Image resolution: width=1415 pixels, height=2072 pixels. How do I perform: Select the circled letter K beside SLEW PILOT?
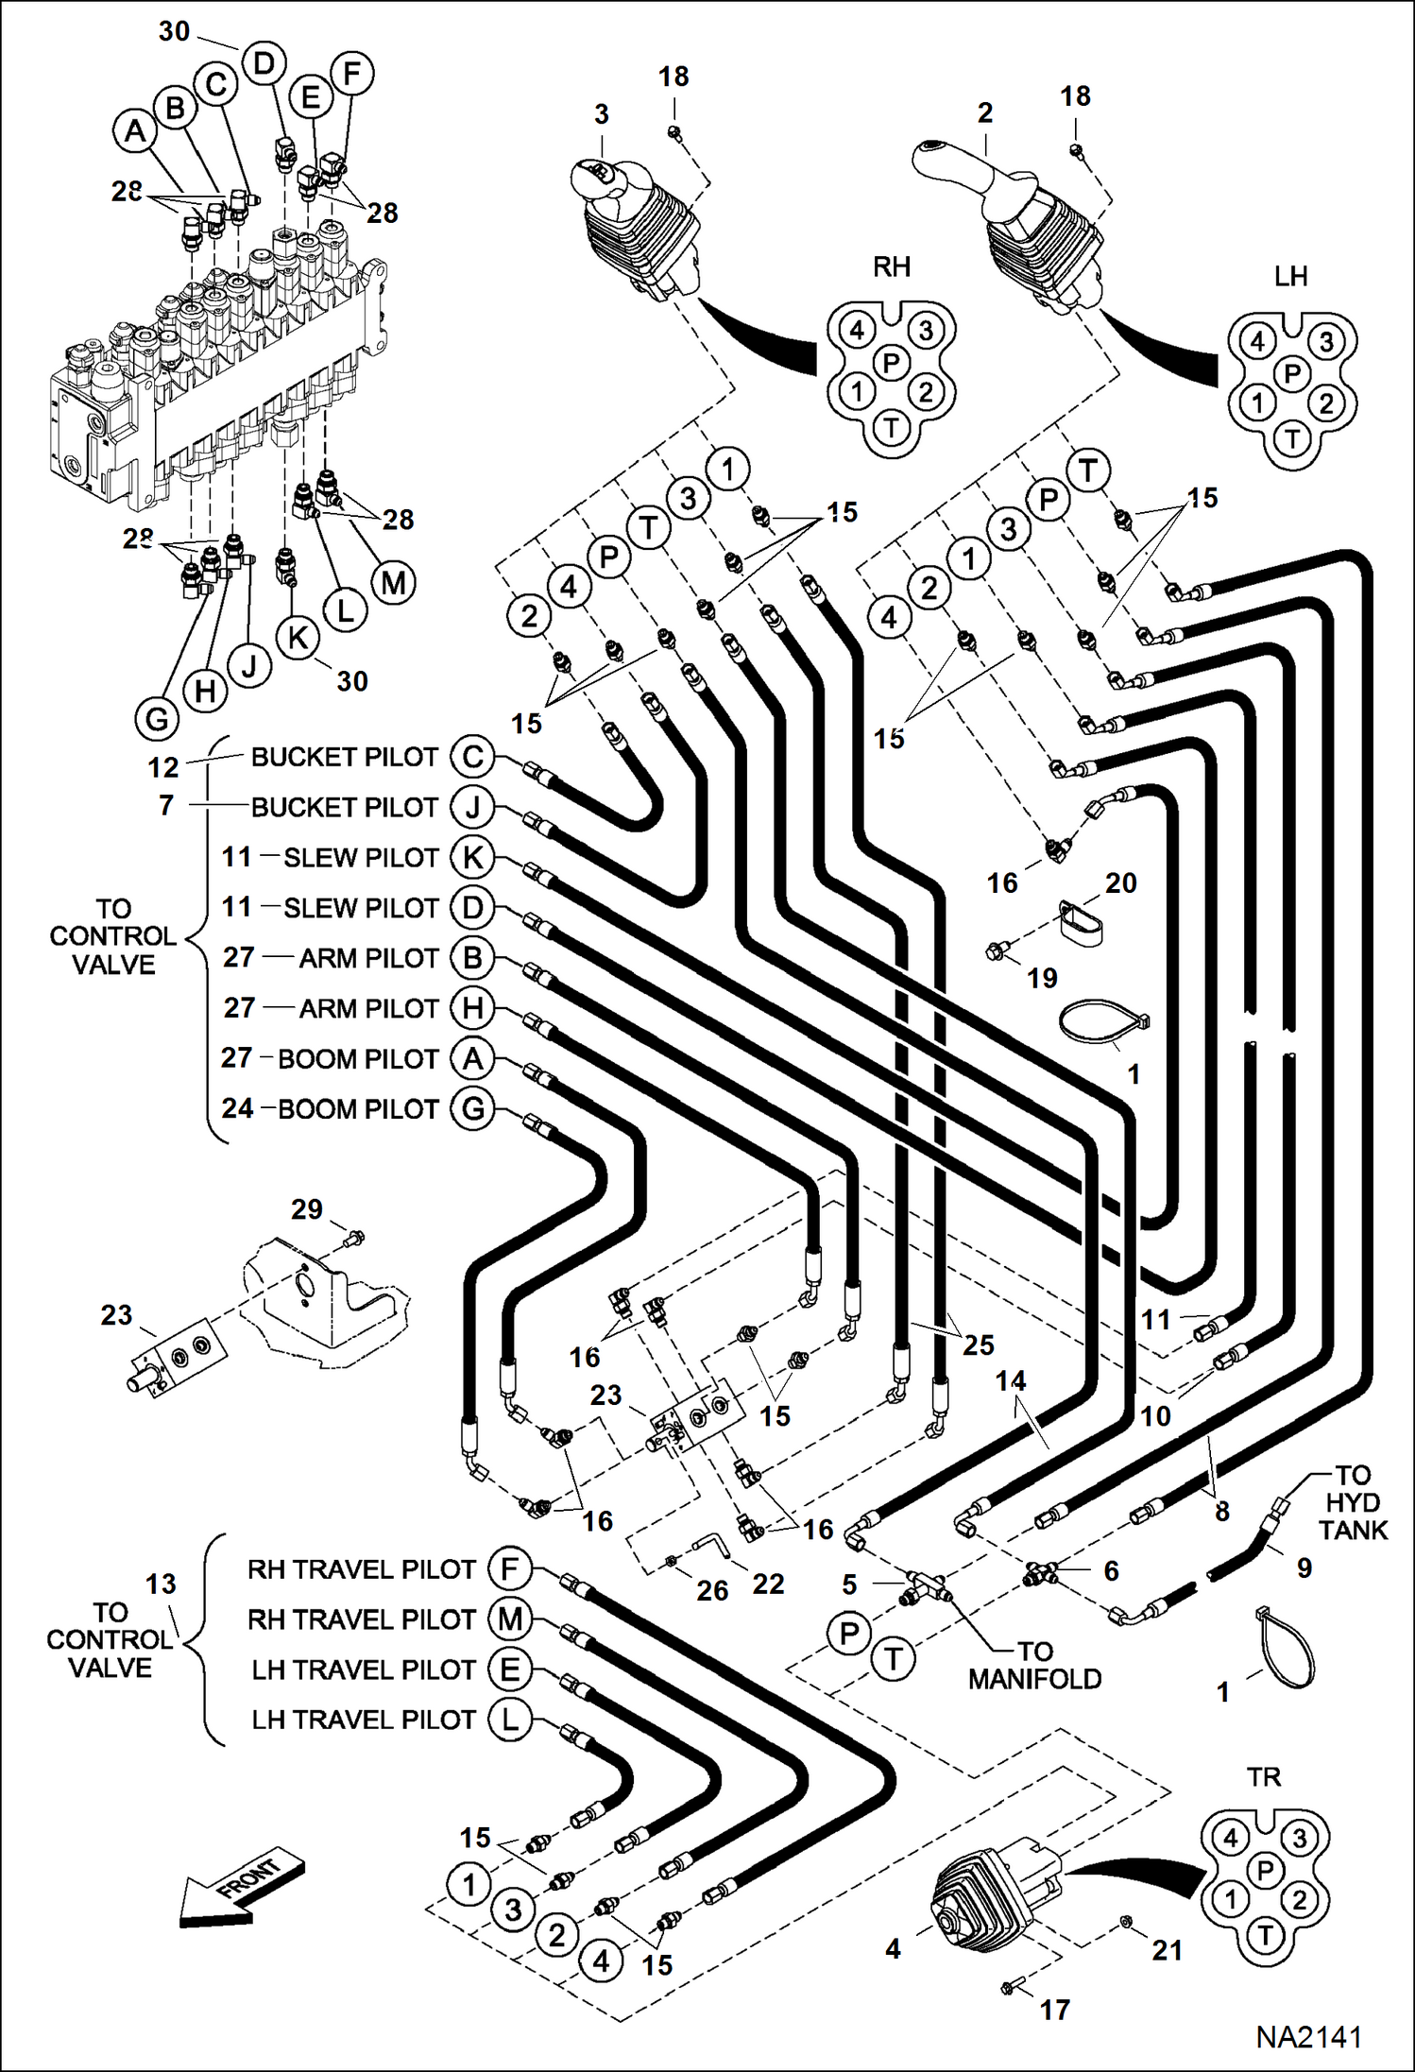(472, 857)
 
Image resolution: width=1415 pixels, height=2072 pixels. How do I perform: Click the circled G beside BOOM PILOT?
(472, 1108)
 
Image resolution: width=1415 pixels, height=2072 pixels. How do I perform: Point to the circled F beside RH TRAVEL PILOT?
(509, 1569)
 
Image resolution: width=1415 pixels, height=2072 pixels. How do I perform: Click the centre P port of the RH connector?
(891, 362)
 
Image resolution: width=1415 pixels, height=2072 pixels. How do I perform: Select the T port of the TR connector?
(1265, 1936)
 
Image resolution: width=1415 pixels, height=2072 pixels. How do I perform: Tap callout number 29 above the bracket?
(306, 1209)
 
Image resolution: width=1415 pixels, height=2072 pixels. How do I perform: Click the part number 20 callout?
(1120, 882)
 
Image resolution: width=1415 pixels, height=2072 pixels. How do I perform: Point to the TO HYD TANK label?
(1353, 1502)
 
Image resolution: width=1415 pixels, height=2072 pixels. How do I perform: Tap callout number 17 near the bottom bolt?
(1055, 2010)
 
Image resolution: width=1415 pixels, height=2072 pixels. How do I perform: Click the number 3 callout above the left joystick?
(602, 114)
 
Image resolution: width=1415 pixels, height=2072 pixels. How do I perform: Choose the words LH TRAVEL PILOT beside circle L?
(363, 1720)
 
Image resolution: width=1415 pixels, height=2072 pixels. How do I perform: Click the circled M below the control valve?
(393, 583)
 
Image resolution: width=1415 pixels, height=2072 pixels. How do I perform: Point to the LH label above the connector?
(1290, 277)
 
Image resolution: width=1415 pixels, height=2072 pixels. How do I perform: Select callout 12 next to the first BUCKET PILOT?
(162, 767)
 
